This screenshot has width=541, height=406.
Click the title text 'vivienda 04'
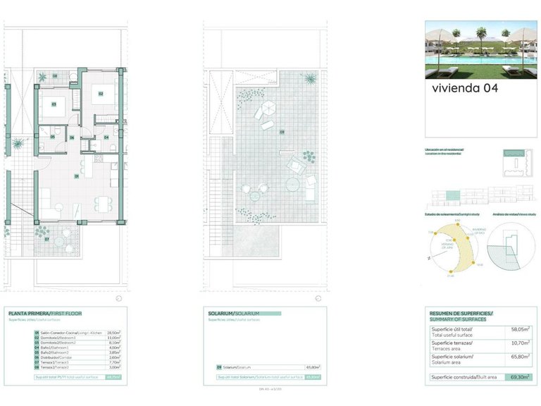point(465,88)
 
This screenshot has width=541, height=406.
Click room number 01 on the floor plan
point(76,176)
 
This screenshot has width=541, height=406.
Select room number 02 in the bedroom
point(101,94)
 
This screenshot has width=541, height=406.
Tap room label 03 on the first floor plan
point(54,104)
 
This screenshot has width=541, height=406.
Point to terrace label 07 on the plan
point(46,239)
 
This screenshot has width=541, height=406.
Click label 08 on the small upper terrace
point(56,76)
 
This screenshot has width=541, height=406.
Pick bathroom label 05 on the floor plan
point(53,137)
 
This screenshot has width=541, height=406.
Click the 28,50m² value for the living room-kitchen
point(113,333)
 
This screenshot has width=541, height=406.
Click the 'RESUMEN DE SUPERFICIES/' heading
point(461,312)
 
